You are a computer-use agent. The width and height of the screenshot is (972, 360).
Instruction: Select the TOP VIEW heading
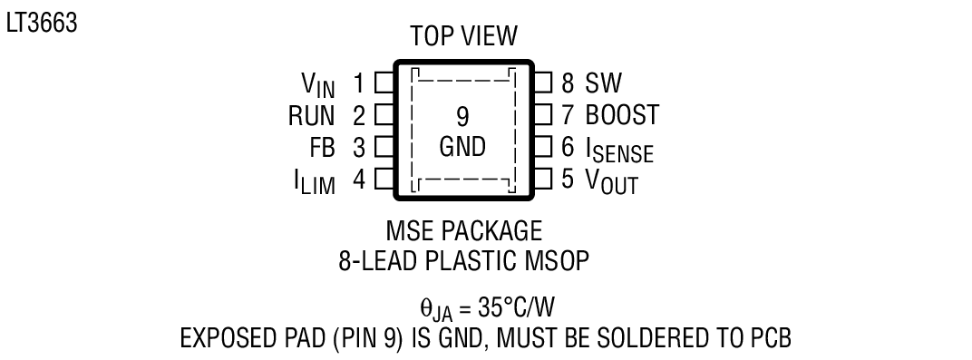point(463,37)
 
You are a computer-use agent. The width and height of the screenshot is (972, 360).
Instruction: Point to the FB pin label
point(322,146)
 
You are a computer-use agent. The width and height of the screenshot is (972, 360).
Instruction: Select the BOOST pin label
point(622,115)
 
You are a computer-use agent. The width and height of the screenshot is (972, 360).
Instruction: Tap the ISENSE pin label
point(619,149)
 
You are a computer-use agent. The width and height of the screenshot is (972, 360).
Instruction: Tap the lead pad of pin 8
point(543,84)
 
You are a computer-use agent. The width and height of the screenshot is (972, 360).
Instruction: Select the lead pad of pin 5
point(543,179)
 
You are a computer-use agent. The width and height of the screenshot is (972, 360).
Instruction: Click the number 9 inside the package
point(462,116)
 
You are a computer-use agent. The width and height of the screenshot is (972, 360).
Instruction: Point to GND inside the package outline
point(462,147)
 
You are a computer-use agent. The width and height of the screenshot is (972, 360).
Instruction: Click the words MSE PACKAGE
point(463,229)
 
